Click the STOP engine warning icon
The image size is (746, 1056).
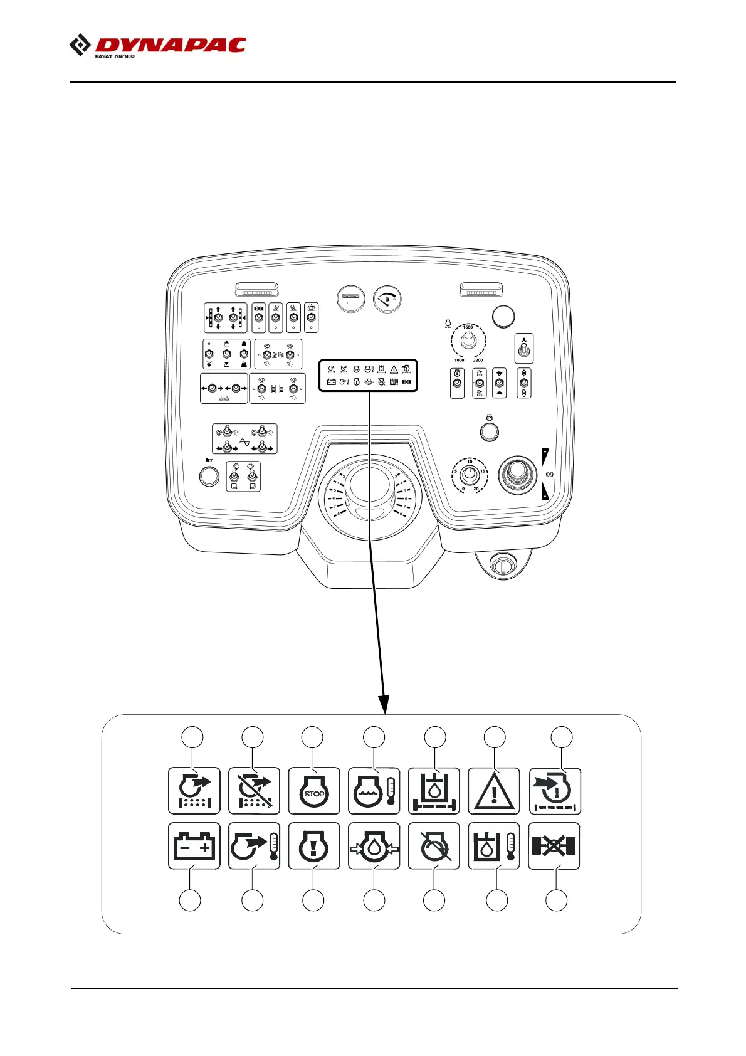314,791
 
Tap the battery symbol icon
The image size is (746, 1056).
194,847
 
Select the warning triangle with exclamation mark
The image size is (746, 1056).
494,791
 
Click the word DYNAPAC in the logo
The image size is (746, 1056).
171,45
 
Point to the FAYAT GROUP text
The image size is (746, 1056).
115,56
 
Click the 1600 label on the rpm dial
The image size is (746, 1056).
468,327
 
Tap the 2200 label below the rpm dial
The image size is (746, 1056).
478,361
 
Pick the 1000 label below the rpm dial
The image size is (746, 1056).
459,361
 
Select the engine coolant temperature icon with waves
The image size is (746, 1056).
374,791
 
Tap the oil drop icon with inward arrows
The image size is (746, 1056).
374,847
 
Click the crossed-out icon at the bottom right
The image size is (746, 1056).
554,847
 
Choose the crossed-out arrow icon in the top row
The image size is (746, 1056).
254,791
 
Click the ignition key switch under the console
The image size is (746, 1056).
502,566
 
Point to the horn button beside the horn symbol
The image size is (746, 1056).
209,477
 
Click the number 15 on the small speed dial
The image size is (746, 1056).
483,471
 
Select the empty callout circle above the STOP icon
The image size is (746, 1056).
312,737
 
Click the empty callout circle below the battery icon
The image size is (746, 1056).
190,900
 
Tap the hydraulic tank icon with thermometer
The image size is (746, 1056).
494,847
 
